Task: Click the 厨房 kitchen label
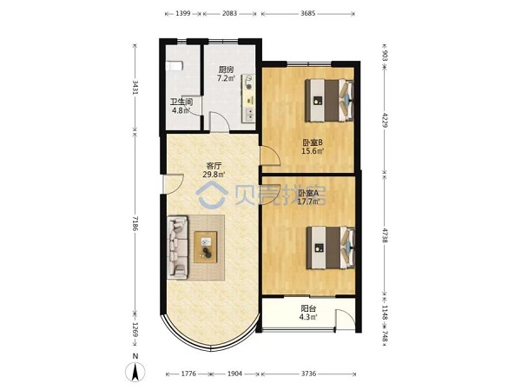[x=226, y=69]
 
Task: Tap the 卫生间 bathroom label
[x=181, y=102]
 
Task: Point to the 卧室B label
[x=313, y=142]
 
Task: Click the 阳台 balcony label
[x=308, y=308]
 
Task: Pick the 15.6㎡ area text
[x=313, y=151]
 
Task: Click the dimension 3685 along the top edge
[x=307, y=14]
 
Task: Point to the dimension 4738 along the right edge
[x=385, y=235]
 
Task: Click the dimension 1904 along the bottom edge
[x=234, y=373]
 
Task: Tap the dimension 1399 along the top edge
[x=182, y=14]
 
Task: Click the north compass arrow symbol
[x=135, y=372]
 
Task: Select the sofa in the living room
[x=178, y=247]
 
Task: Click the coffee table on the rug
[x=206, y=247]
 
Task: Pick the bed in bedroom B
[x=329, y=100]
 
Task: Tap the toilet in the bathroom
[x=174, y=66]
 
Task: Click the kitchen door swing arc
[x=220, y=122]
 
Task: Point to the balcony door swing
[x=346, y=320]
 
